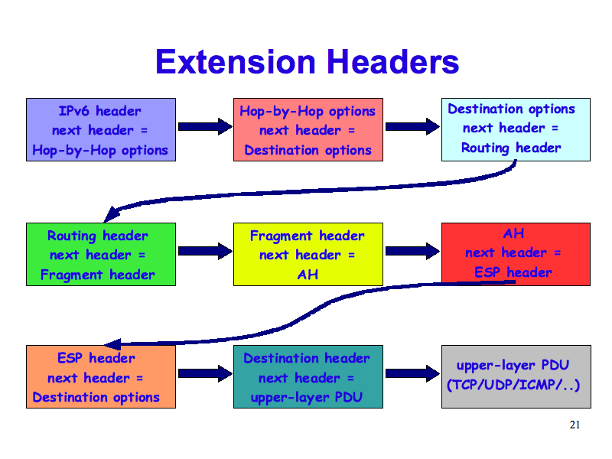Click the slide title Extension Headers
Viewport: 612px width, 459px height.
click(x=307, y=62)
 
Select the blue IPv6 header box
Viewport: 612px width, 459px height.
click(x=100, y=129)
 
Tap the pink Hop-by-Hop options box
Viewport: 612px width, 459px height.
click(x=308, y=129)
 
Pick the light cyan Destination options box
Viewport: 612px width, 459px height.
click(x=515, y=129)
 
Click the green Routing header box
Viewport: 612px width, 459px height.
click(x=100, y=254)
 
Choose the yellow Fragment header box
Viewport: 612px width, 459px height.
click(x=308, y=254)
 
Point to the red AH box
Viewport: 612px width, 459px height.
click(x=515, y=254)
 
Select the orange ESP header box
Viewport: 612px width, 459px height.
click(x=100, y=376)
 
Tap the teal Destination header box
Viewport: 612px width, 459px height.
click(x=308, y=376)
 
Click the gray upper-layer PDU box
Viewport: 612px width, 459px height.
click(x=515, y=376)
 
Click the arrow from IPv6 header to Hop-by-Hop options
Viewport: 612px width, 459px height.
click(x=204, y=127)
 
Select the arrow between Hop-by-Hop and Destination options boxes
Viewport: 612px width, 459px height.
click(x=412, y=127)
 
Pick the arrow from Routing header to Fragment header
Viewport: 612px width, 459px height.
click(x=204, y=251)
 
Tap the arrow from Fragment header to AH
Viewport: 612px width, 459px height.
click(x=412, y=251)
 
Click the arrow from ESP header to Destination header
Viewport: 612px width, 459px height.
click(x=204, y=373)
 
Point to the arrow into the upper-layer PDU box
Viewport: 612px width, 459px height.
click(x=412, y=373)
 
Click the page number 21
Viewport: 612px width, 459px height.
click(x=575, y=425)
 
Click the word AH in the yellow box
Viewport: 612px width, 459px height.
click(x=307, y=274)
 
